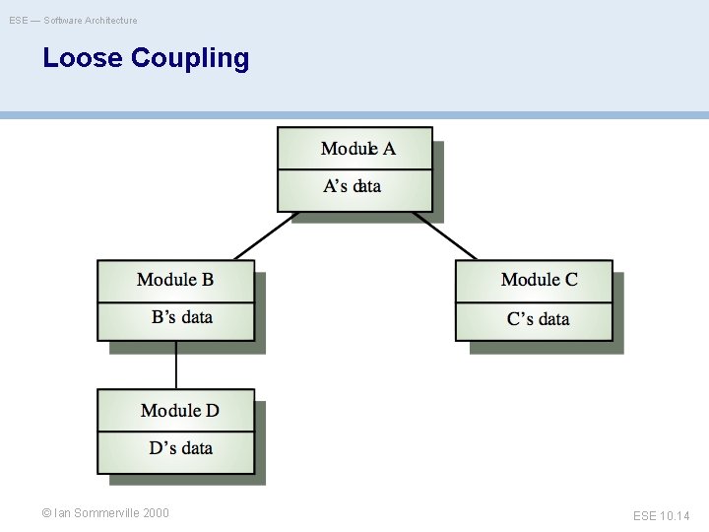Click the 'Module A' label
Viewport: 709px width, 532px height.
[357, 149]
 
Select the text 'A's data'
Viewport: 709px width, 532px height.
[353, 186]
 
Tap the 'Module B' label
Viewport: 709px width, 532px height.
[175, 280]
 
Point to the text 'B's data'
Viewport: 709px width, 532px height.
[181, 317]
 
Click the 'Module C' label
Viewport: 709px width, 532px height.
[539, 280]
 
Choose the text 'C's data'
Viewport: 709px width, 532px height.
[538, 318]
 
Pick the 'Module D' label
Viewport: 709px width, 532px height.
[179, 410]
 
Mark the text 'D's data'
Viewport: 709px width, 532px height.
[180, 448]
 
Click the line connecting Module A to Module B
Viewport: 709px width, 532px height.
[264, 236]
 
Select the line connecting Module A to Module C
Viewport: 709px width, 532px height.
[445, 236]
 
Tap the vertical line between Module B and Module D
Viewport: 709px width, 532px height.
[176, 366]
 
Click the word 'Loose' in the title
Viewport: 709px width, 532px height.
[83, 58]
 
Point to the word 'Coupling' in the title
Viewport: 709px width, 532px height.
[189, 58]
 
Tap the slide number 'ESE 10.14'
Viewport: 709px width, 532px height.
[661, 515]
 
